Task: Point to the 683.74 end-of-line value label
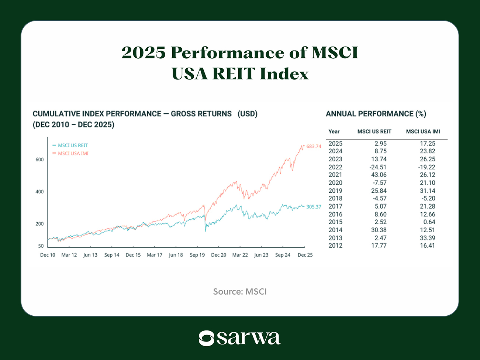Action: coord(314,147)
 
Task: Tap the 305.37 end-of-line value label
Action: coord(314,207)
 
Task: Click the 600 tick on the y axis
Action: coord(39,160)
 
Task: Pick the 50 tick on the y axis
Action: coord(41,246)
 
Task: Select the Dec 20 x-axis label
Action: coord(218,255)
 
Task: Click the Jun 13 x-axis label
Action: coord(90,255)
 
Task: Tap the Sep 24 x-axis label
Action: coord(283,255)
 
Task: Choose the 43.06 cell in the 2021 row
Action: coord(379,175)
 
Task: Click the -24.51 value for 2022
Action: coord(378,167)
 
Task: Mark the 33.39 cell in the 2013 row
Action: coord(427,238)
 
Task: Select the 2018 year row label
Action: coord(335,199)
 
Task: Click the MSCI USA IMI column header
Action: coord(423,132)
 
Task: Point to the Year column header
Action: coord(334,132)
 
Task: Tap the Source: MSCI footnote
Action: coord(240,292)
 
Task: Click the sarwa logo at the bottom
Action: coord(240,338)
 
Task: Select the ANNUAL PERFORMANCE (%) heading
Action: coord(376,114)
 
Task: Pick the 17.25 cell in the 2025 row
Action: coord(427,144)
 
